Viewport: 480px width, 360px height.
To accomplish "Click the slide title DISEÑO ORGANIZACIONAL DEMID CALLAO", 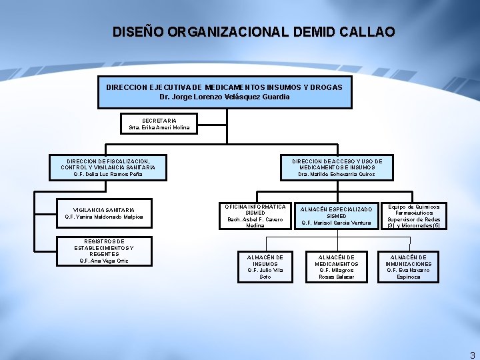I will click(253, 31).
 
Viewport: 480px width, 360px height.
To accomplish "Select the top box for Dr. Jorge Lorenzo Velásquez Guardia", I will click(225, 92).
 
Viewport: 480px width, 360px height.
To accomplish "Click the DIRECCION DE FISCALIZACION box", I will click(108, 167).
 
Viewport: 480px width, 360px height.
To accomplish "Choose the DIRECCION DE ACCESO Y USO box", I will click(337, 167).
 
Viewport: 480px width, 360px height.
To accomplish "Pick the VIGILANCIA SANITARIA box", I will click(103, 213).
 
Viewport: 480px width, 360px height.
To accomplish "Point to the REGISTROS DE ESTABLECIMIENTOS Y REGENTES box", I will click(103, 250).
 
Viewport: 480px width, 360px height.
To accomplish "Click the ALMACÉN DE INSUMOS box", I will click(265, 266).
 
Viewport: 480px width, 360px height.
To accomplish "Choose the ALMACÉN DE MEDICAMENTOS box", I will click(337, 266).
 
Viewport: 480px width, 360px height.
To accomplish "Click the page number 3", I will click(472, 355).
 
